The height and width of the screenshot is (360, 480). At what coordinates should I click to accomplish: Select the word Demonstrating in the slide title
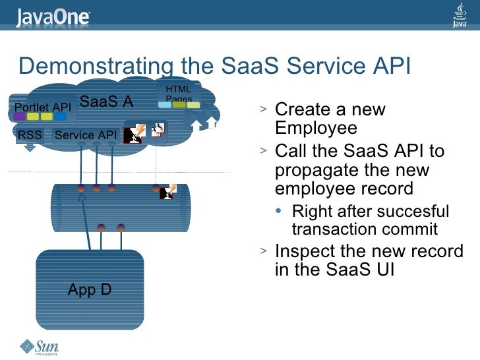[96, 66]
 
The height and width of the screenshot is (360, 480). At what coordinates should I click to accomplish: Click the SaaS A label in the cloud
[106, 102]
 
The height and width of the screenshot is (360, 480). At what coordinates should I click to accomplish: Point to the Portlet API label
[43, 107]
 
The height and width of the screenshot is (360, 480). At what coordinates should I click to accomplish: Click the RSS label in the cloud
[30, 135]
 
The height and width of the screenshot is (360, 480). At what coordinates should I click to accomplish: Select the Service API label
[86, 135]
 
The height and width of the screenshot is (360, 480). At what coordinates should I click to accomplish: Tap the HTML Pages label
[178, 94]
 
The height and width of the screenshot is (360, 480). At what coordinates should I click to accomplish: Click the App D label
[90, 289]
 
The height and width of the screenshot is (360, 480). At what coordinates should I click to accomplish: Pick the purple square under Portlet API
[19, 117]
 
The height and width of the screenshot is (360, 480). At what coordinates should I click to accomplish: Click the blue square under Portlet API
[60, 117]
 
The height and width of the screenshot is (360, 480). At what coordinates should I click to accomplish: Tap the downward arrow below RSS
[30, 147]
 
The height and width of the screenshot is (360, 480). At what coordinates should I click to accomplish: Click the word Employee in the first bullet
[316, 127]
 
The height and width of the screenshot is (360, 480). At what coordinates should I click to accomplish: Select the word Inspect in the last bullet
[305, 252]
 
